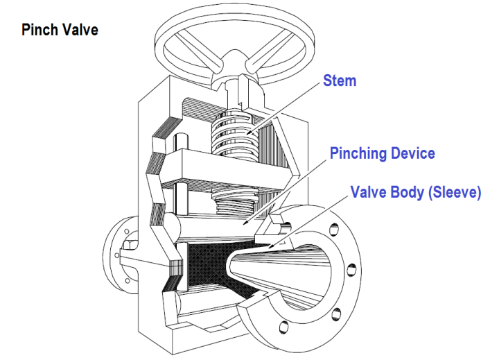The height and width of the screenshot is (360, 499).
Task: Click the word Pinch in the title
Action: click(39, 31)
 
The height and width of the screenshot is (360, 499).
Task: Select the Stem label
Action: click(340, 80)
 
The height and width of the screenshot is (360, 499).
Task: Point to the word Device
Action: click(412, 153)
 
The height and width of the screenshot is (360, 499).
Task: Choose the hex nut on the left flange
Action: click(130, 247)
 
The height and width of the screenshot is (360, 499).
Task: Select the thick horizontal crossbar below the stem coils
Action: click(222, 166)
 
